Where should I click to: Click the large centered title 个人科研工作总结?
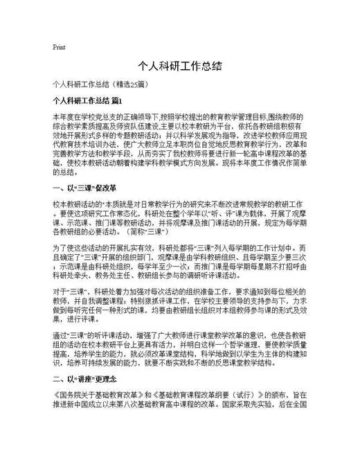click(179, 66)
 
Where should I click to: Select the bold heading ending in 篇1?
click(87, 101)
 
